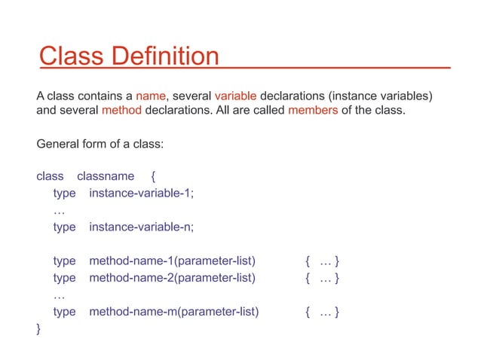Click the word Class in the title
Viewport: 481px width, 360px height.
point(69,56)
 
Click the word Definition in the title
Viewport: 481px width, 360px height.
point(163,56)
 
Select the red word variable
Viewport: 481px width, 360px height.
point(236,96)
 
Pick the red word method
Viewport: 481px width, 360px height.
point(120,112)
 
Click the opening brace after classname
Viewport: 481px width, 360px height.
point(153,177)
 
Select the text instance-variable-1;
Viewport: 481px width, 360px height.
point(142,194)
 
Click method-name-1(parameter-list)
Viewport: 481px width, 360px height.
point(173,261)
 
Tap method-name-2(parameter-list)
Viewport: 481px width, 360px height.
point(173,278)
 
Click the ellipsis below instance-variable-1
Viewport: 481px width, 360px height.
point(59,212)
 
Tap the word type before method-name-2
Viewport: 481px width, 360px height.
point(65,278)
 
